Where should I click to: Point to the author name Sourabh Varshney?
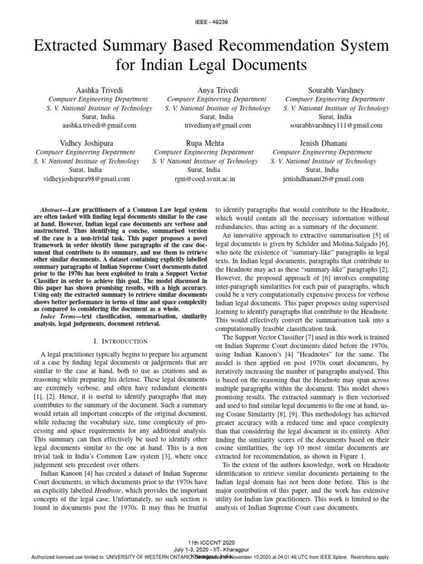(329, 89)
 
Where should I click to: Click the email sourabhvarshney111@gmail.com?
(329, 126)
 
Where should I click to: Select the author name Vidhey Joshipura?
(86, 143)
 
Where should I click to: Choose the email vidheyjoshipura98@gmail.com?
(86, 179)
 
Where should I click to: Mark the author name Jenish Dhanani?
(323, 143)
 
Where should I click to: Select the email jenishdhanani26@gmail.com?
(323, 179)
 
